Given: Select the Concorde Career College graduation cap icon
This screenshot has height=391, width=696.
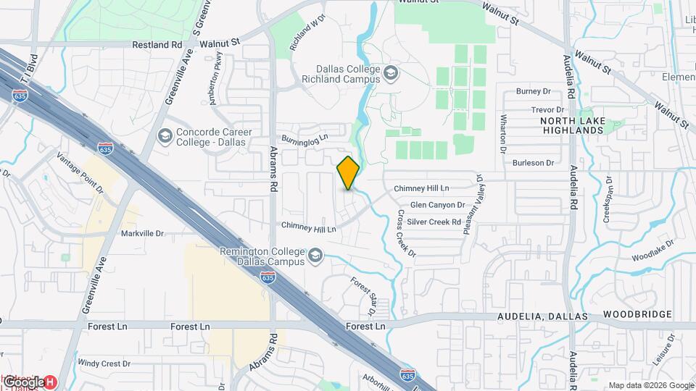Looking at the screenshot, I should click(x=165, y=135).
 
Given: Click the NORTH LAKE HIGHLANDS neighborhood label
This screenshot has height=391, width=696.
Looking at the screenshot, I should click(x=572, y=125).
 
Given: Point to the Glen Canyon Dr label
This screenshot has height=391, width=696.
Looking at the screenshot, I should click(x=437, y=205).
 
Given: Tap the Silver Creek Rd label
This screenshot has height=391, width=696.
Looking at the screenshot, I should click(x=434, y=222).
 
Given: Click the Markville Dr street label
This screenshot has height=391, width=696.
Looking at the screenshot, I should click(x=142, y=234).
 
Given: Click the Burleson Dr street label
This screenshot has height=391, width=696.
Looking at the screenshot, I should click(x=533, y=163).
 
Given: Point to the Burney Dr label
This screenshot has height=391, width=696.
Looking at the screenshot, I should click(x=534, y=91).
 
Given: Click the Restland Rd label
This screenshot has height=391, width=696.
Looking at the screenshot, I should click(x=157, y=44).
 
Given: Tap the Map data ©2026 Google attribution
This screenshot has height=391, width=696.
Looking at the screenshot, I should click(x=650, y=385).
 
